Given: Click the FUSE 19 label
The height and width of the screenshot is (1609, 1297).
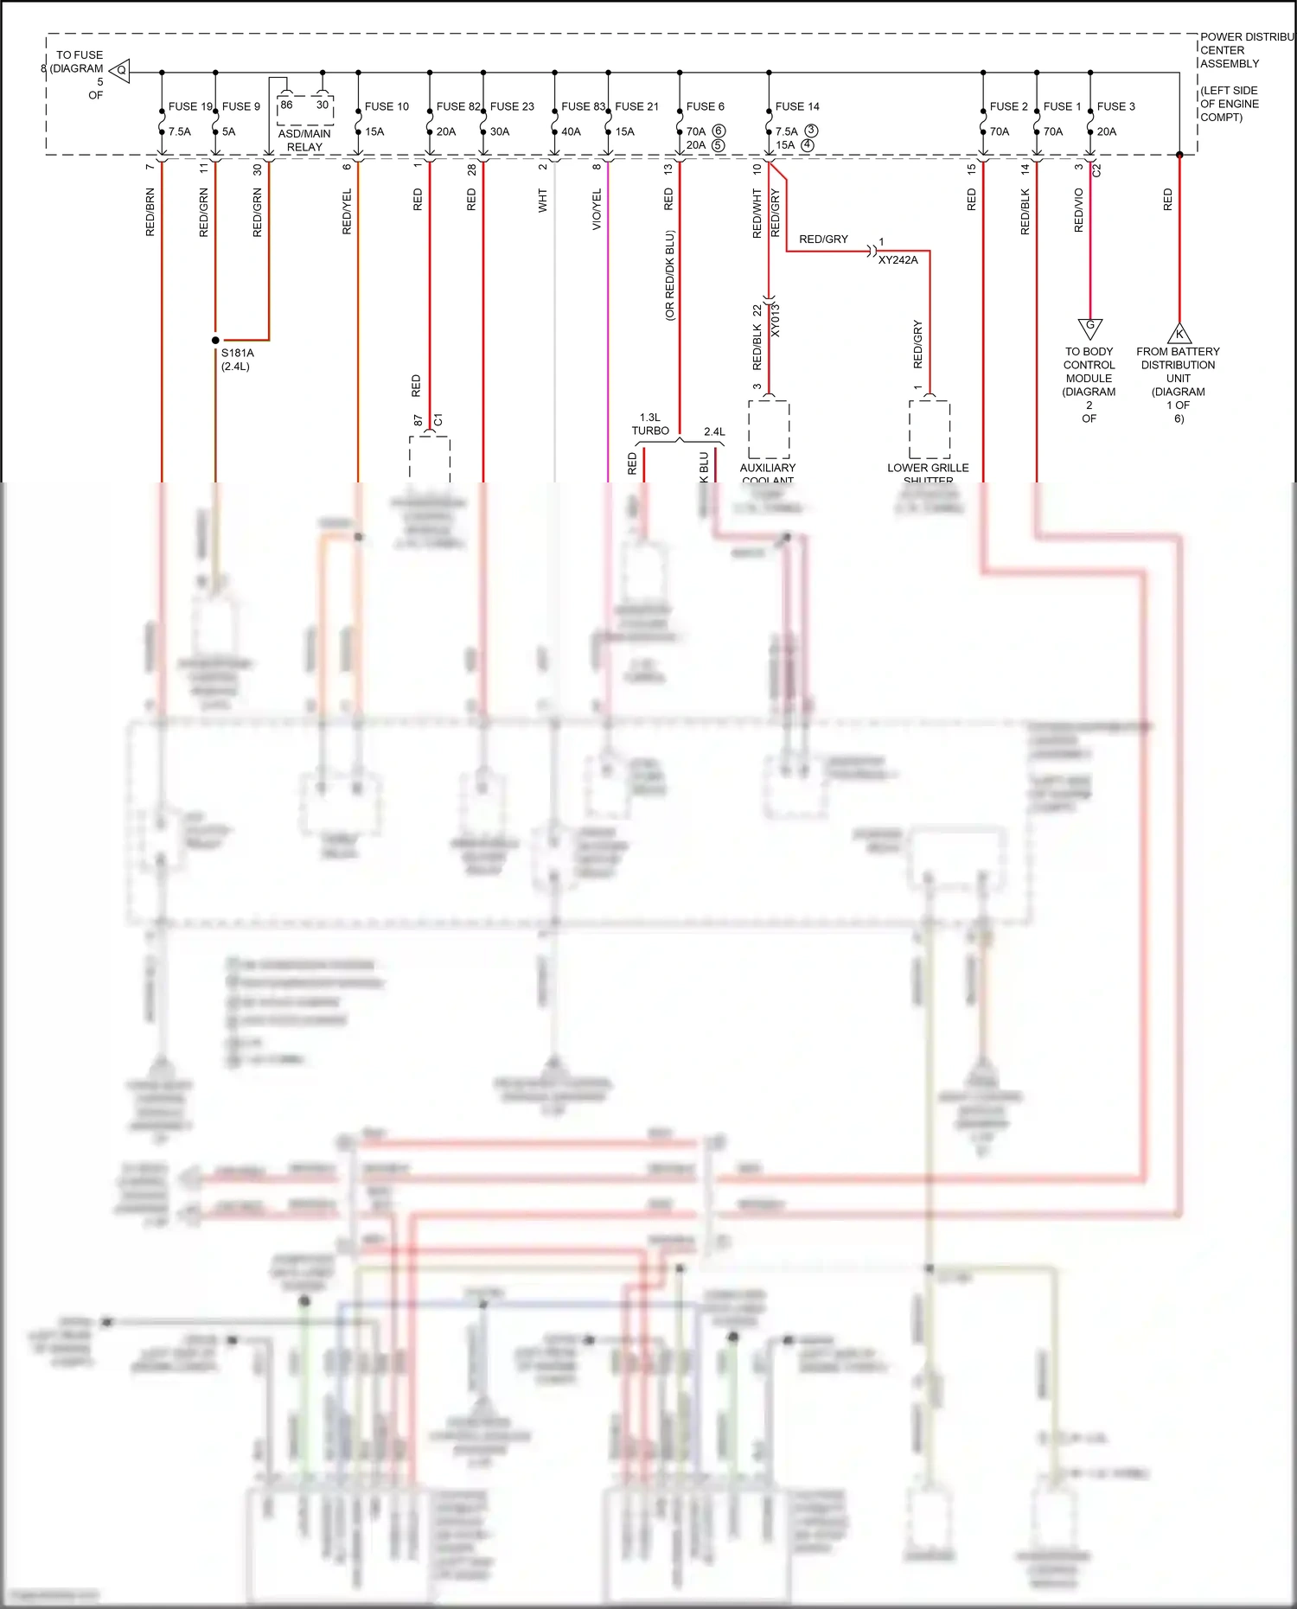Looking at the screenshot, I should click(x=190, y=106).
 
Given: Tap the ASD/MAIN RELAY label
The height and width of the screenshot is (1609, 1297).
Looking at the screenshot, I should click(x=304, y=140).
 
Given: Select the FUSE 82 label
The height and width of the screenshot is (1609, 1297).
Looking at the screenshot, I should click(x=457, y=106).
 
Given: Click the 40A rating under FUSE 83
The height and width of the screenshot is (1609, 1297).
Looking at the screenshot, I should click(x=571, y=131).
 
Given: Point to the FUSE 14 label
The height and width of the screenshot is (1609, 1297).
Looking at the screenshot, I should click(x=797, y=106).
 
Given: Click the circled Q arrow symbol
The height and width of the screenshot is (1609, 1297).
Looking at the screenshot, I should click(x=121, y=71).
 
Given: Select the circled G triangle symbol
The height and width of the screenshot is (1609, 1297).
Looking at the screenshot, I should click(x=1089, y=328).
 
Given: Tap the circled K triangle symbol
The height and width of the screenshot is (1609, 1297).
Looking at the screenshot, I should click(x=1179, y=334).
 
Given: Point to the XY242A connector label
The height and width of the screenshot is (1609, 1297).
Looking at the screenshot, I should click(x=898, y=259).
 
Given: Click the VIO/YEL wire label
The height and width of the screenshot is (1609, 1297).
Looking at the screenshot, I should click(x=597, y=209).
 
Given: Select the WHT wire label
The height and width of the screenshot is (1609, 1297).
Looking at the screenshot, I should click(x=543, y=201).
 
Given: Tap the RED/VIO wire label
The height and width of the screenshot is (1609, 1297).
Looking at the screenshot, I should click(x=1078, y=210).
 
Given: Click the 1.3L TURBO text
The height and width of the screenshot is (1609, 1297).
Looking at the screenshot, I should click(x=650, y=424).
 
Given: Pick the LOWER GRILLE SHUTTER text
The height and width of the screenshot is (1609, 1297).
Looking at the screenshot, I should click(x=928, y=473).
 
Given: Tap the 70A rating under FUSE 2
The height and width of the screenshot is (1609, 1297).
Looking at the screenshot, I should click(x=999, y=131).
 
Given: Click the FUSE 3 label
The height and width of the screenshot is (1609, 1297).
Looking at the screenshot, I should click(x=1115, y=106).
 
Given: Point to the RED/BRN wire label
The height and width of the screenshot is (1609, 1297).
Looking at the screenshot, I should click(x=150, y=212).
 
